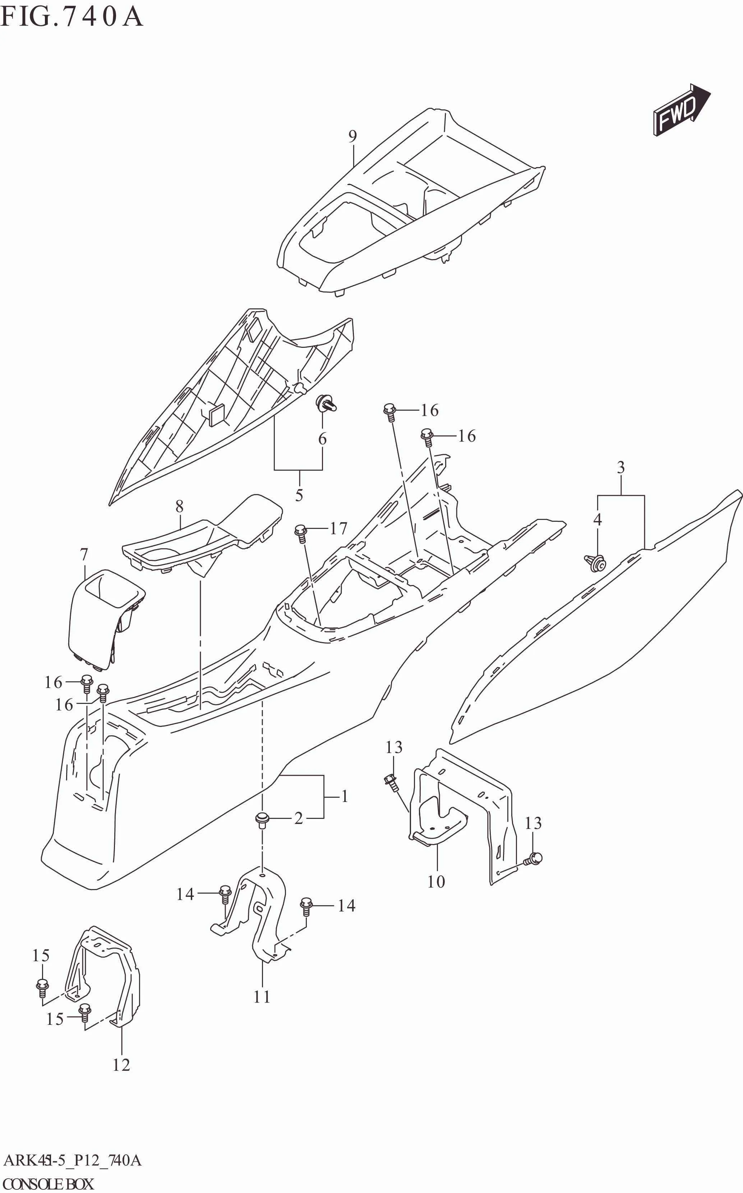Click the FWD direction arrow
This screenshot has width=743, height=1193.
pyautogui.click(x=680, y=110)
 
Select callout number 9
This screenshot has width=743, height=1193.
pyautogui.click(x=352, y=136)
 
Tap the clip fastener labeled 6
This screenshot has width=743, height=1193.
pyautogui.click(x=326, y=404)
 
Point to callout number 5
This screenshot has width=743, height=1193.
pyautogui.click(x=299, y=495)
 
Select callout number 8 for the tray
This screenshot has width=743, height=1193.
pyautogui.click(x=179, y=506)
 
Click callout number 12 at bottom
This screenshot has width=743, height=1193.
pyautogui.click(x=121, y=1065)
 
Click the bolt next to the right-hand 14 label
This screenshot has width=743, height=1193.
pyautogui.click(x=306, y=906)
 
